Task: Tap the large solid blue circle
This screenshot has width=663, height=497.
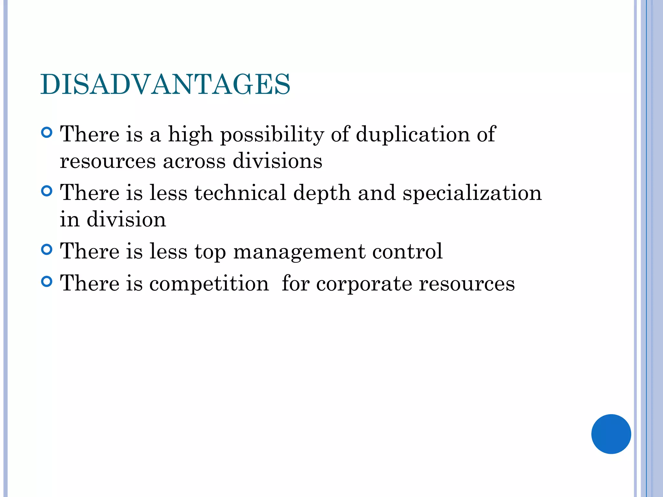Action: pos(611,434)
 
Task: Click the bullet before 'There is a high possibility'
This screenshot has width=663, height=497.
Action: pos(47,133)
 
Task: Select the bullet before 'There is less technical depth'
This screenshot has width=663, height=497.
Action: pos(47,191)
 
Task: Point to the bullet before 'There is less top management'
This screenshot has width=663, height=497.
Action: pos(47,249)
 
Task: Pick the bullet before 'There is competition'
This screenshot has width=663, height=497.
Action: pos(47,282)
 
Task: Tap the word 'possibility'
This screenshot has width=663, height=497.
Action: pos(272,135)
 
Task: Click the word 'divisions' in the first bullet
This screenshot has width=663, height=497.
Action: pos(277,161)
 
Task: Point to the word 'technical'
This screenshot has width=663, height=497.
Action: pos(240,193)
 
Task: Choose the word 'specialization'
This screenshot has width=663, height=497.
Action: pos(472,193)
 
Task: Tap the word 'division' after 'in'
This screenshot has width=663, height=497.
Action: pos(126,219)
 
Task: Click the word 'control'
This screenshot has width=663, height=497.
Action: pos(407,251)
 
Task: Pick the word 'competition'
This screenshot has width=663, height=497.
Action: pos(209,284)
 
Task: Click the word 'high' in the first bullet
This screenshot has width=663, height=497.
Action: pos(190,135)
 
